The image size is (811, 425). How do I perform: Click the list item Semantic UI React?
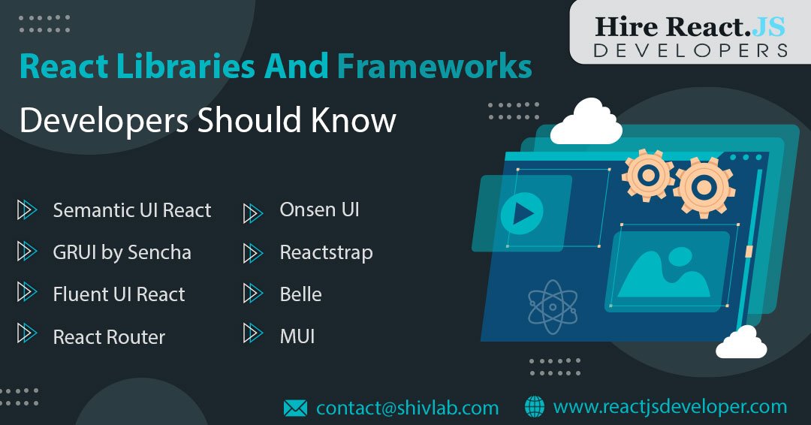(x=132, y=210)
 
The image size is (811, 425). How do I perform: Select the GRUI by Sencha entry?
(x=122, y=252)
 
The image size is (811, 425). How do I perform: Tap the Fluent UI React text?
(x=119, y=294)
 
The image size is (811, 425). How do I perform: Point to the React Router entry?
(x=109, y=337)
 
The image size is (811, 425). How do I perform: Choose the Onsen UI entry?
(x=319, y=210)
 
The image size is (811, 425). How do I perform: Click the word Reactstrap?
(x=326, y=252)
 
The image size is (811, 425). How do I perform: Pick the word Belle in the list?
(x=300, y=294)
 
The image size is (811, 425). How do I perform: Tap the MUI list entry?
(x=297, y=336)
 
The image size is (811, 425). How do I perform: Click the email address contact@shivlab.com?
(x=408, y=408)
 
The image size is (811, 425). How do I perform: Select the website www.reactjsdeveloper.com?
(x=670, y=407)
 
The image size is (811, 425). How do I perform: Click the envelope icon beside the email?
(x=295, y=408)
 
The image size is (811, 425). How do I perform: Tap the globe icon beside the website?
(x=535, y=407)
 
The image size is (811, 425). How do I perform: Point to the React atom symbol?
(x=553, y=306)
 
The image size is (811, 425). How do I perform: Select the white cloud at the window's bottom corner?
(x=741, y=343)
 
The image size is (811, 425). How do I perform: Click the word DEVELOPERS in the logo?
(x=690, y=50)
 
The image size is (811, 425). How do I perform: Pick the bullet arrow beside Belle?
(x=252, y=294)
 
